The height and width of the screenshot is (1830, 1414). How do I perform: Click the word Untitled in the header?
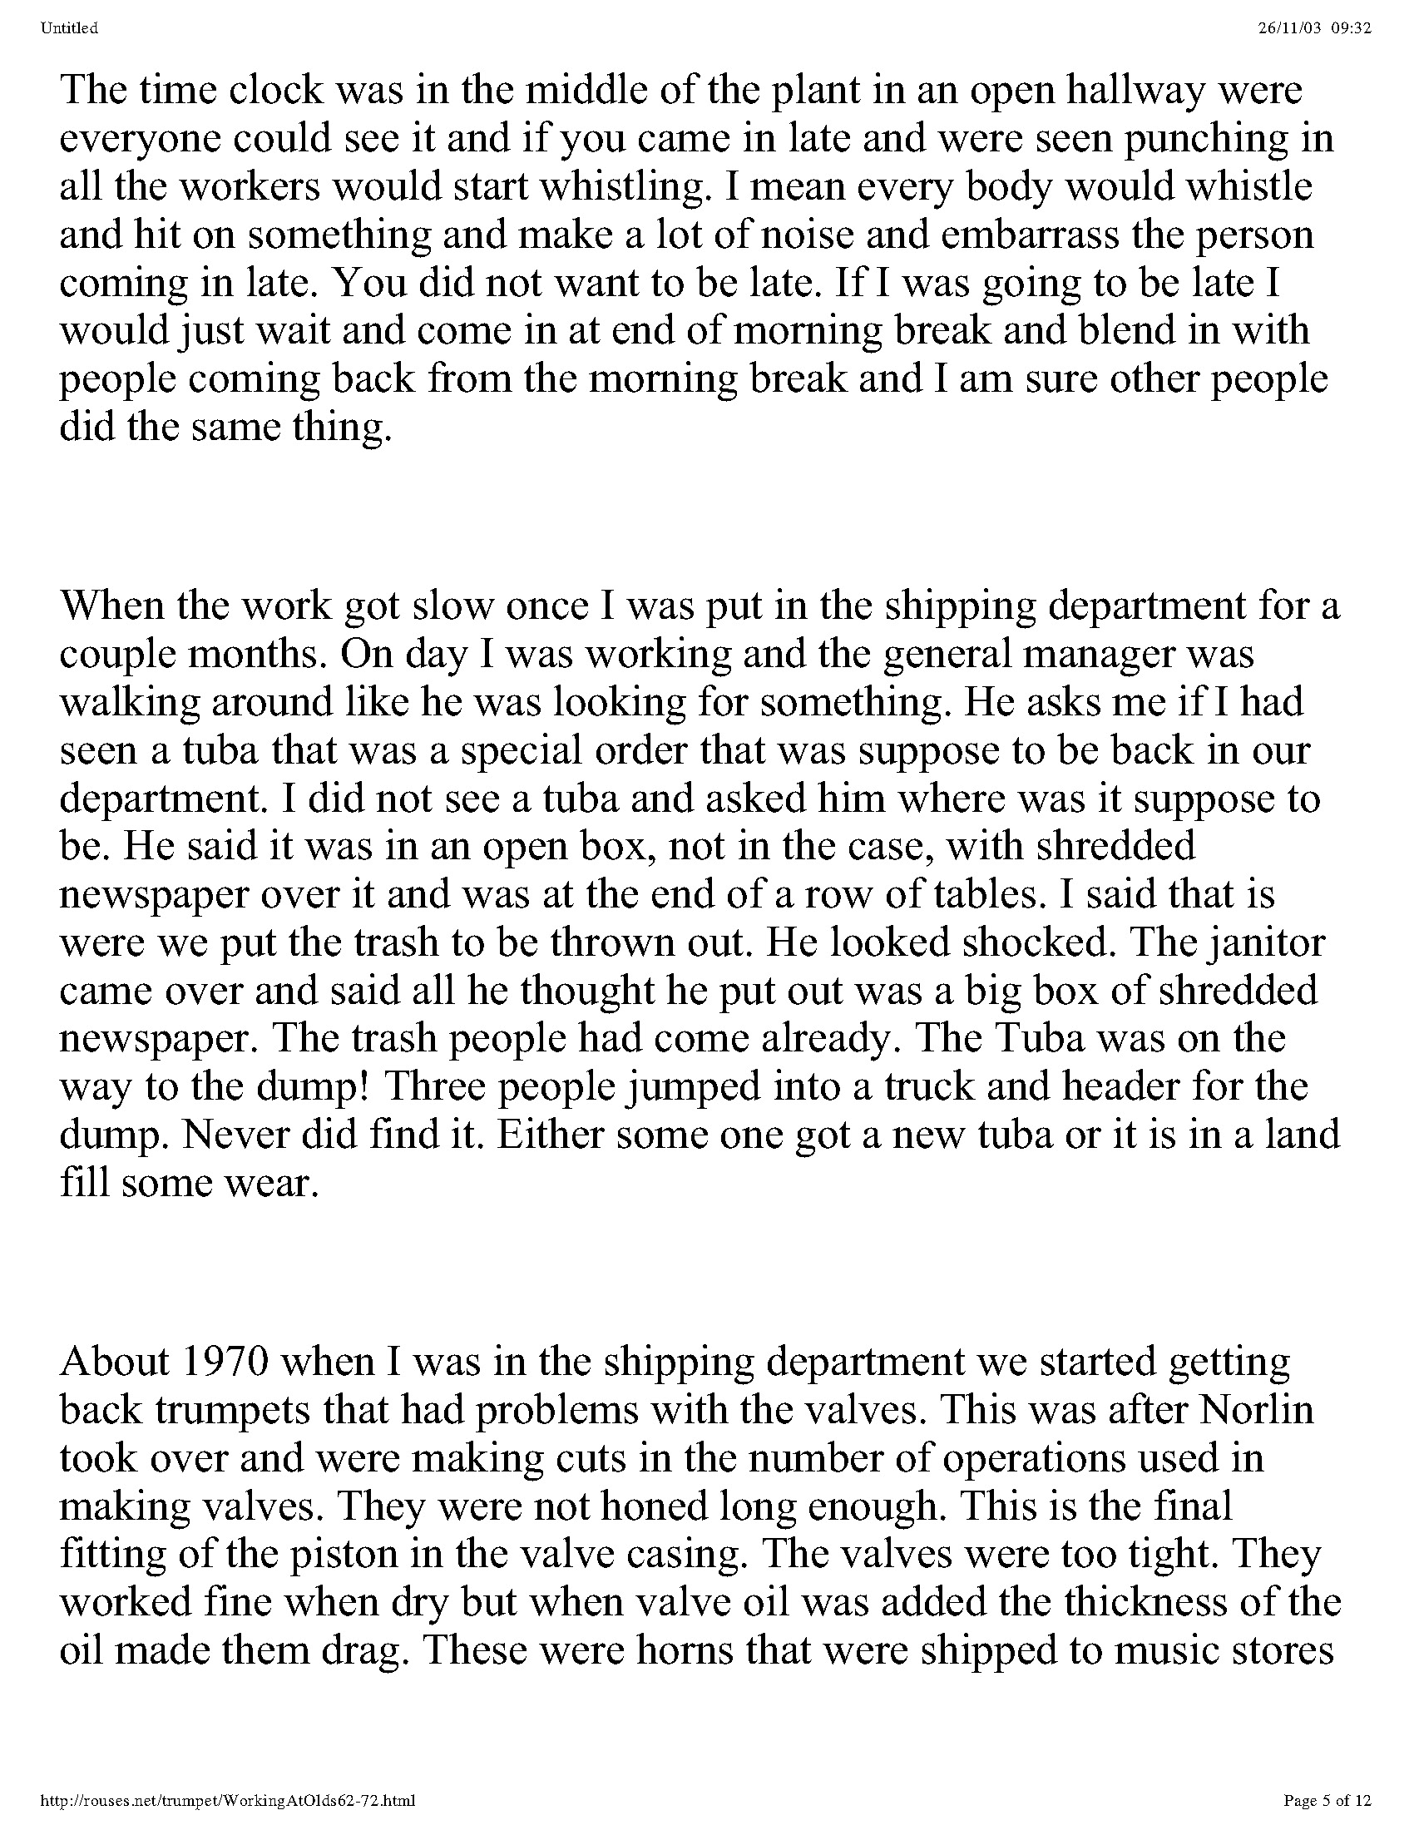coord(69,28)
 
